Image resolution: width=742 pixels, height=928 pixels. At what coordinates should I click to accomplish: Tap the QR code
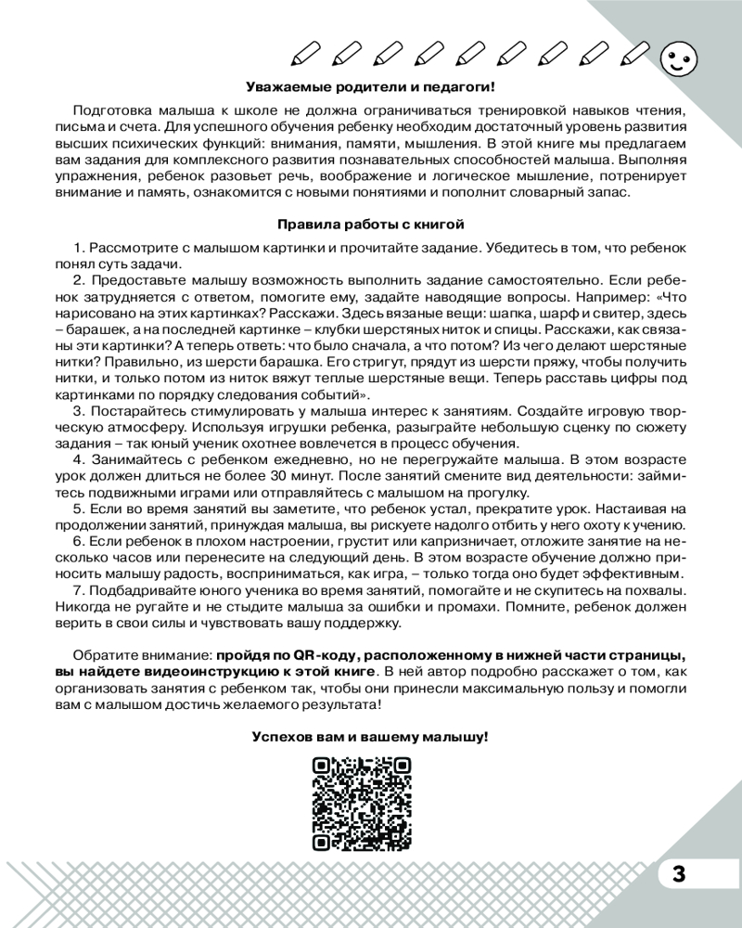click(x=362, y=803)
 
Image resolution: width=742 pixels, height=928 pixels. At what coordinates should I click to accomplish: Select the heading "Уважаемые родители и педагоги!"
click(x=370, y=87)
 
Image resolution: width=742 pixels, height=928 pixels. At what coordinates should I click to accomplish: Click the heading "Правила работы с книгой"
click(x=370, y=224)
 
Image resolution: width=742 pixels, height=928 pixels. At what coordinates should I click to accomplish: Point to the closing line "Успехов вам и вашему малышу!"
click(x=370, y=736)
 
